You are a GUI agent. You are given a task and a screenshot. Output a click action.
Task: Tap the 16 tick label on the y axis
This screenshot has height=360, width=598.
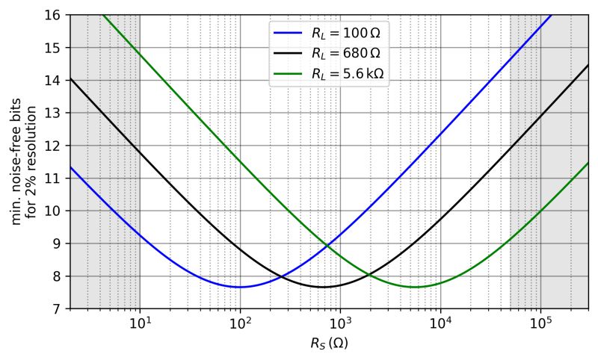point(55,15)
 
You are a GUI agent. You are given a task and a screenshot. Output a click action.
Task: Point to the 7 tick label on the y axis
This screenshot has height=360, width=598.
point(58,308)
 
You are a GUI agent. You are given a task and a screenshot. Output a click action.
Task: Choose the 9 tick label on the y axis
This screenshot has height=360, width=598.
point(58,243)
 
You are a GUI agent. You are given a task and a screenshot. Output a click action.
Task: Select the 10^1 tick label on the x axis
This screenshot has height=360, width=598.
point(140,323)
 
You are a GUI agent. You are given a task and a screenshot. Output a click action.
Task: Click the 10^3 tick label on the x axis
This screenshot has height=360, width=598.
point(340,323)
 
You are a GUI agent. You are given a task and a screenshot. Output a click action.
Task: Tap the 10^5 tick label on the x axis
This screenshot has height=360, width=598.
point(540,323)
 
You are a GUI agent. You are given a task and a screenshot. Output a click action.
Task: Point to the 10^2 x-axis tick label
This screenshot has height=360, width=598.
point(240,323)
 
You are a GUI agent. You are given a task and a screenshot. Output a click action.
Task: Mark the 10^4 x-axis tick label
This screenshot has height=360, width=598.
point(440,323)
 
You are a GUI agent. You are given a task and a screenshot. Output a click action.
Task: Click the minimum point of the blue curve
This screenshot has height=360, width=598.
point(240,287)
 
